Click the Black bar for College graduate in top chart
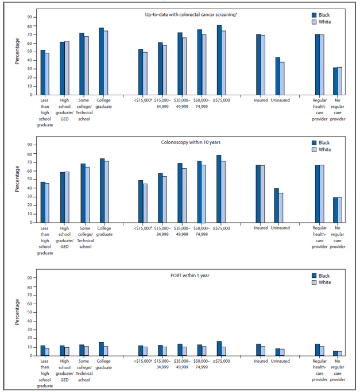tap(101, 61)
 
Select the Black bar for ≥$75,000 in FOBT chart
tap(219, 348)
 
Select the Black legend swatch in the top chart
tap(314, 14)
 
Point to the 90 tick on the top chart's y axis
tap(29, 17)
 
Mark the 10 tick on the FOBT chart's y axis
tap(29, 347)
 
